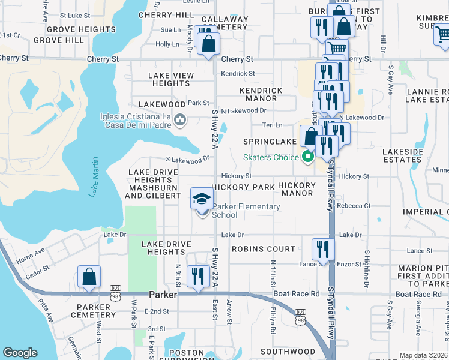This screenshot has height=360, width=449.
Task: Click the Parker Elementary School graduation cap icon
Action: click(x=202, y=197)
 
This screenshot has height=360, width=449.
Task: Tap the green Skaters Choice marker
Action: click(x=309, y=158)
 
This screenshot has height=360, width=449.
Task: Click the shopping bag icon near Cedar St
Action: click(x=89, y=277)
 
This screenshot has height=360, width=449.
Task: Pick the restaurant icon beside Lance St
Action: click(x=322, y=248)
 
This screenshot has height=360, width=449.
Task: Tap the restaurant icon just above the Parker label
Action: click(x=197, y=275)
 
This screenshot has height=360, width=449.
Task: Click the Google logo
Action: click(x=20, y=353)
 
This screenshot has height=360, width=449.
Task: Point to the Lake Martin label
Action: click(x=94, y=177)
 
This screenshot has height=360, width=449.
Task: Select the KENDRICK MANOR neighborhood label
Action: click(x=261, y=94)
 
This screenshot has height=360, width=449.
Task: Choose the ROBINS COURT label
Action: click(x=264, y=249)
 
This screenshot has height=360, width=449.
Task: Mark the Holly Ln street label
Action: click(x=167, y=44)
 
